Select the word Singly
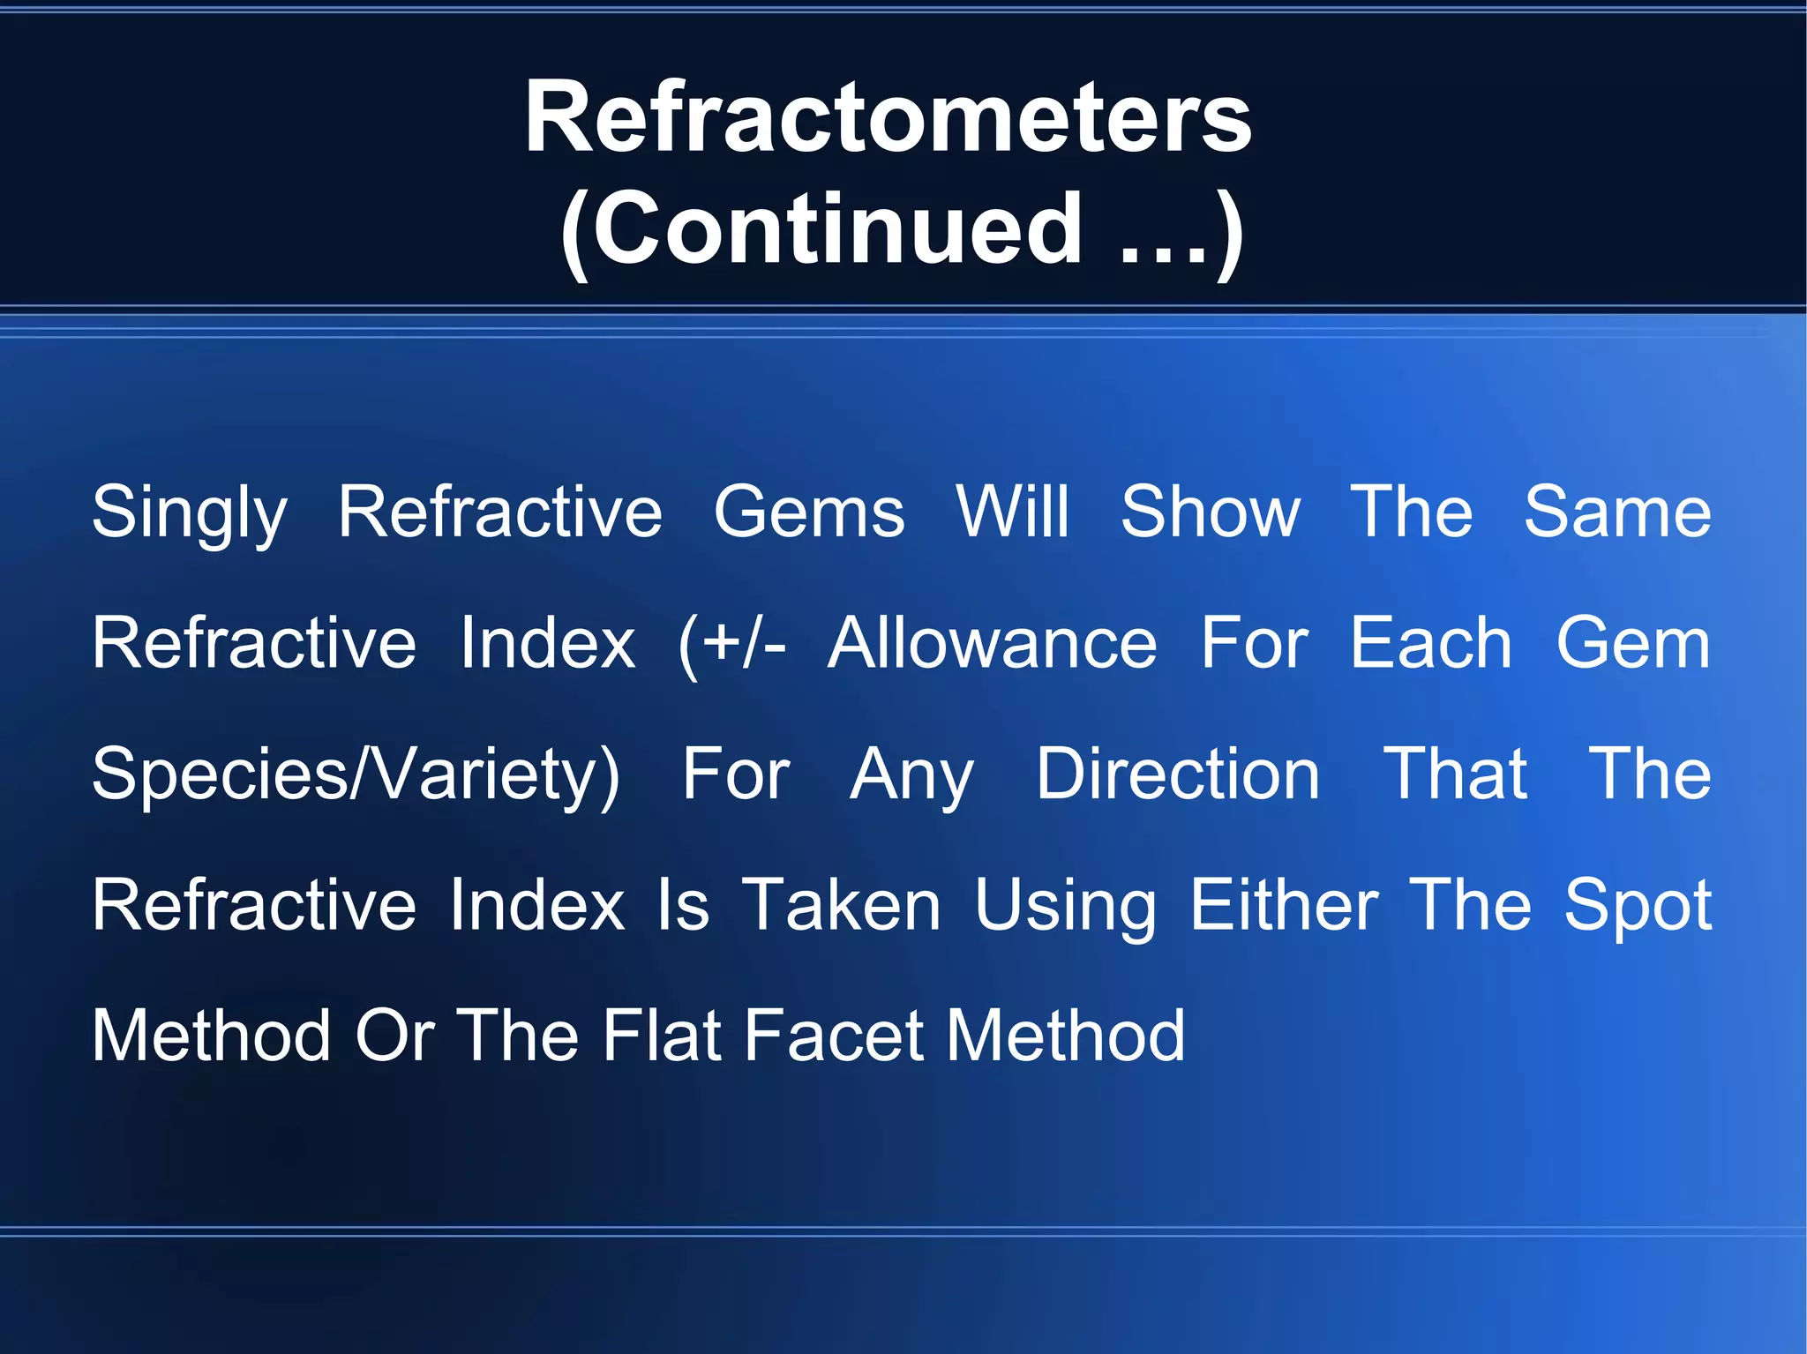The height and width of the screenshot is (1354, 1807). (190, 514)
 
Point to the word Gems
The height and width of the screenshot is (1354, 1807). (809, 512)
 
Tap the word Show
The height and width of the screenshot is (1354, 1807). (1210, 512)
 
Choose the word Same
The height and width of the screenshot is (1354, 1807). (1617, 512)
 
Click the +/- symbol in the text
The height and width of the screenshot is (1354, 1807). (732, 644)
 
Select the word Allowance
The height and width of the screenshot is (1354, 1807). (992, 644)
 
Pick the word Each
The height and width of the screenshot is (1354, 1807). (1431, 644)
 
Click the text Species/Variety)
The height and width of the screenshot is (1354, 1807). (356, 775)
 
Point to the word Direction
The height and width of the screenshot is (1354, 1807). (1178, 774)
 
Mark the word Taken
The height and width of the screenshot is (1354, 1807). (841, 906)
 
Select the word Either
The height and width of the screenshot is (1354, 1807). (1284, 906)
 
